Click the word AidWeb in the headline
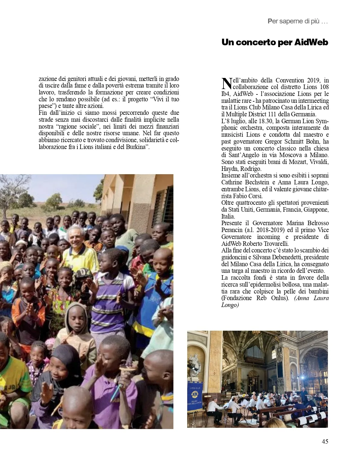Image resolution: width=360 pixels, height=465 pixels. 311,43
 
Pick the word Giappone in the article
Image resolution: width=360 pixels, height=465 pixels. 316,210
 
